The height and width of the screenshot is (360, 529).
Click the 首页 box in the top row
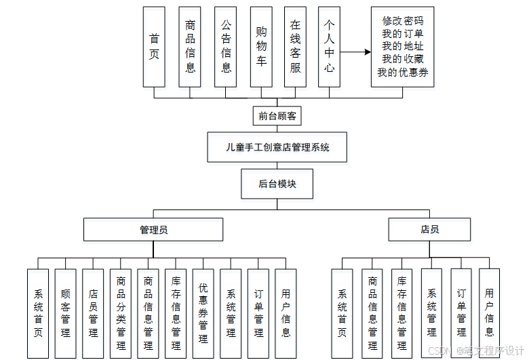154,47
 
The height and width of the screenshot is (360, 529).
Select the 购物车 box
261,47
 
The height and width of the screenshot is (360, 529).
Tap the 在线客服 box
295,47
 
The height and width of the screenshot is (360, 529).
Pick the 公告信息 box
226,47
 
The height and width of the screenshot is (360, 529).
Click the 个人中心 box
329,47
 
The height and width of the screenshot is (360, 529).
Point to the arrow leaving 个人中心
355,52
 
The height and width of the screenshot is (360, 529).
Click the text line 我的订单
403,34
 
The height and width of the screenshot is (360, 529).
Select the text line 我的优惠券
403,72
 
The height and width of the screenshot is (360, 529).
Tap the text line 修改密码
403,21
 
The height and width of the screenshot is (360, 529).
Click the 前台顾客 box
277,116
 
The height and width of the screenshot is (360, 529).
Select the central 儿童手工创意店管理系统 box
277,146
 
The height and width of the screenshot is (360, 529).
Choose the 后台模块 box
277,184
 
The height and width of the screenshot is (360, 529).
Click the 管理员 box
153,230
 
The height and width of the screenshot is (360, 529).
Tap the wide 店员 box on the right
429,229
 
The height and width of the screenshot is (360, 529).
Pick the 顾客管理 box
65,313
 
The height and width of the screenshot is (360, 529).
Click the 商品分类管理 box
121,313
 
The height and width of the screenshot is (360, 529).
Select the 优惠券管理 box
203,313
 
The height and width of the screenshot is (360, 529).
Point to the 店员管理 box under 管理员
93,313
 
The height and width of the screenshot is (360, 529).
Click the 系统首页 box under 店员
342,313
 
